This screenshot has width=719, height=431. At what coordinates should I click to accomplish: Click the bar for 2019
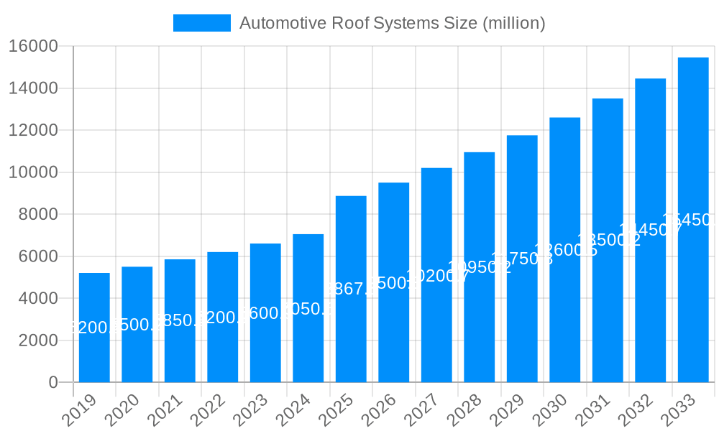tap(94, 328)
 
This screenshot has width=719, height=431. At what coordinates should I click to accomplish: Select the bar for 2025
tap(351, 289)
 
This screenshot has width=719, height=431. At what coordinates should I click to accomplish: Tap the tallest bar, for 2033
tap(693, 220)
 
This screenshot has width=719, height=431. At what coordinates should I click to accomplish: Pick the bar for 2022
tap(223, 317)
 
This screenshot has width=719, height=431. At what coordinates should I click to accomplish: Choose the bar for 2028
tap(480, 267)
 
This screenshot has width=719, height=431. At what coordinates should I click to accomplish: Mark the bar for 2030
tap(565, 250)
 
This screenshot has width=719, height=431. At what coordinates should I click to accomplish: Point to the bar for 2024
tap(308, 308)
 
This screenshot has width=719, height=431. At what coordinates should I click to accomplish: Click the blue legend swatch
tap(202, 23)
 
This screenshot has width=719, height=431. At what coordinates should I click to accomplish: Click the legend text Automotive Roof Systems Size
tap(392, 23)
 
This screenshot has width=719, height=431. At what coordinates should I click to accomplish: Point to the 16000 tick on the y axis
tap(33, 47)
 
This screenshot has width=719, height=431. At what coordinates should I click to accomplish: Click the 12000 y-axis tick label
tap(33, 131)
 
